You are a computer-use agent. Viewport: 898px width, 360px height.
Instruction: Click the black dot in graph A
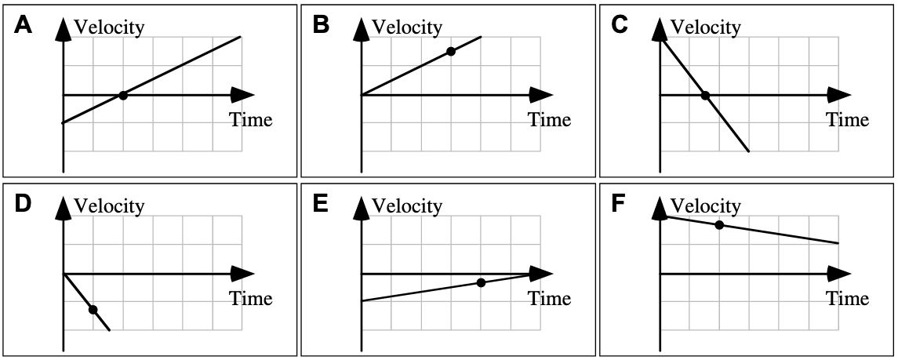pyautogui.click(x=123, y=96)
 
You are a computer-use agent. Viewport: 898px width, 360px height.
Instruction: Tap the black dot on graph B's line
pyautogui.click(x=450, y=52)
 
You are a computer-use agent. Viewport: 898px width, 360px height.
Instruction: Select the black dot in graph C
pyautogui.click(x=705, y=96)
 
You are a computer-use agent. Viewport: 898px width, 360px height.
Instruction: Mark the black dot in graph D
pyautogui.click(x=93, y=310)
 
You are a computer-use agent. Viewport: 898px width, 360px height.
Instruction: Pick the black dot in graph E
pyautogui.click(x=481, y=283)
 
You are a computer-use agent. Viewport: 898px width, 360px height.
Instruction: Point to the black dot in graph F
pyautogui.click(x=719, y=226)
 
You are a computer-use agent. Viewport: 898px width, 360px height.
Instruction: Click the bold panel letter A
pyautogui.click(x=24, y=26)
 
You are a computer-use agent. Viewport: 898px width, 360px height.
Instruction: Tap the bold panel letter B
pyautogui.click(x=322, y=26)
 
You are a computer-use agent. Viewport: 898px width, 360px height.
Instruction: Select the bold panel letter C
pyautogui.click(x=620, y=26)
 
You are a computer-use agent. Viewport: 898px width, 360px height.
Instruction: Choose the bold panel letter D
pyautogui.click(x=24, y=205)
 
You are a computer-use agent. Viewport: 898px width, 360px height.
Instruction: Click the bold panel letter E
pyautogui.click(x=321, y=205)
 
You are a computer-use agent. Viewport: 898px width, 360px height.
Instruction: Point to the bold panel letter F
pyautogui.click(x=619, y=205)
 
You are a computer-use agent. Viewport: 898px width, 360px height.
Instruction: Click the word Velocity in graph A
pyautogui.click(x=109, y=27)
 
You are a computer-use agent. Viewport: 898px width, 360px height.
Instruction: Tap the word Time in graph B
pyautogui.click(x=549, y=120)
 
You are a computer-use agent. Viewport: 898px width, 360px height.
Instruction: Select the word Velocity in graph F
pyautogui.click(x=705, y=206)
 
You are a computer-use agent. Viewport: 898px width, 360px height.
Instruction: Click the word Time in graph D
pyautogui.click(x=251, y=299)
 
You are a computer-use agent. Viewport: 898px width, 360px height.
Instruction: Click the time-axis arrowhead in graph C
pyautogui.click(x=838, y=95)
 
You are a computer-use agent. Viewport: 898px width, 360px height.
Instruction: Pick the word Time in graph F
pyautogui.click(x=847, y=299)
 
